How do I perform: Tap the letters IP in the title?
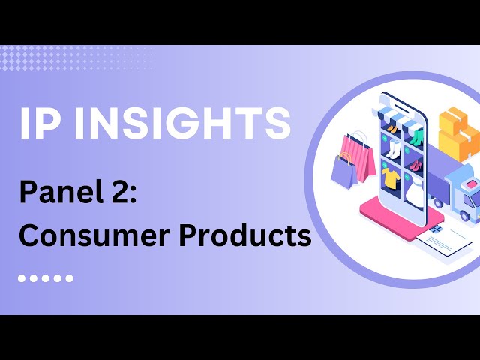pyautogui.click(x=38, y=123)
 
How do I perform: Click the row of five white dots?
pyautogui.click(x=46, y=278)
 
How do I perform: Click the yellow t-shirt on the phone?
pyautogui.click(x=391, y=178)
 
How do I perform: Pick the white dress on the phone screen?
pyautogui.click(x=414, y=190)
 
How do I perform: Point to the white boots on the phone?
pyautogui.click(x=392, y=149)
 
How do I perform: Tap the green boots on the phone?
pyautogui.click(x=416, y=138)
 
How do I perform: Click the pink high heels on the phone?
pyautogui.click(x=415, y=166)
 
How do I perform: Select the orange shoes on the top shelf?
pyautogui.click(x=391, y=129)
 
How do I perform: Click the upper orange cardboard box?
pyautogui.click(x=453, y=121)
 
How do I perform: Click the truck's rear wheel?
pyautogui.click(x=438, y=202)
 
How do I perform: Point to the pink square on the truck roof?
pyautogui.click(x=472, y=184)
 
